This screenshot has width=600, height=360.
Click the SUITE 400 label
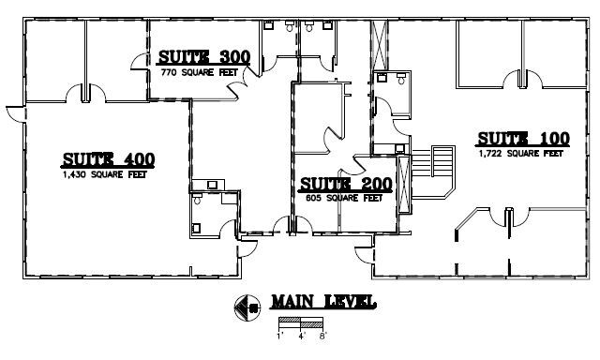109,159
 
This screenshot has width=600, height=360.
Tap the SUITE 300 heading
204,57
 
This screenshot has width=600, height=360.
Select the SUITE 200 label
346,184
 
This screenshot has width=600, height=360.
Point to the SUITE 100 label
523,139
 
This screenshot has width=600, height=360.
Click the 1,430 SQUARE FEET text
105,174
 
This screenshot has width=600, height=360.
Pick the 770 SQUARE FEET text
200,72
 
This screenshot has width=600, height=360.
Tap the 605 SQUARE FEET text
344,198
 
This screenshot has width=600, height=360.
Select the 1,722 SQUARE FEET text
521,154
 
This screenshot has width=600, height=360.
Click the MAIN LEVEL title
323,302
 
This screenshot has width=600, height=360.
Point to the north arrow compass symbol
247,307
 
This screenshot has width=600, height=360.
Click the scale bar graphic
301,322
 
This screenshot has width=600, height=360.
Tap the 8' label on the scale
323,337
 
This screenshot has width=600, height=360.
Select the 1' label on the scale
279,337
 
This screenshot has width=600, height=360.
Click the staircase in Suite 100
433,172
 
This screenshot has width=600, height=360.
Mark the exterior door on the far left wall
16,114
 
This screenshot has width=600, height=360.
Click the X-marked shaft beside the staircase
404,184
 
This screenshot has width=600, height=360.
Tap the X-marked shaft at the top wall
379,45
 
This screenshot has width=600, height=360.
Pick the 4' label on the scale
302,337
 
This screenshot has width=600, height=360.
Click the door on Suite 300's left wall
141,61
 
